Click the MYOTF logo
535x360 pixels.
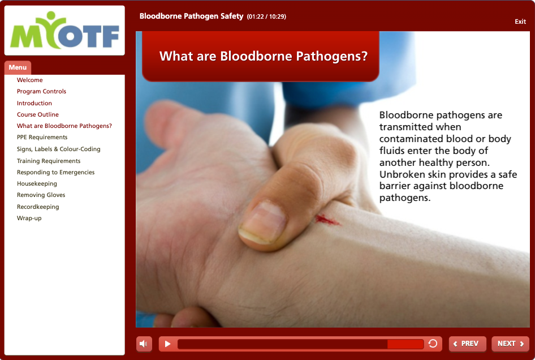pyautogui.click(x=65, y=31)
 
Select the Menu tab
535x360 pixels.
pyautogui.click(x=18, y=67)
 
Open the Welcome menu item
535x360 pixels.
pyautogui.click(x=29, y=80)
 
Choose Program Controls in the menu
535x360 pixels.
pyautogui.click(x=41, y=91)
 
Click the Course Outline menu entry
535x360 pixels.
pyautogui.click(x=37, y=114)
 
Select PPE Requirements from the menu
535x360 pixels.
pyautogui.click(x=42, y=137)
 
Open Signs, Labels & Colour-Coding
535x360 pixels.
pyautogui.click(x=59, y=149)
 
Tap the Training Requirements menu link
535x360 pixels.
pyautogui.click(x=49, y=161)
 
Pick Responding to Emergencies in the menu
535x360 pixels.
pyautogui.click(x=55, y=172)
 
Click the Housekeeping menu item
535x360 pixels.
pyautogui.click(x=37, y=184)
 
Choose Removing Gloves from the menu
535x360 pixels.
pyautogui.click(x=41, y=195)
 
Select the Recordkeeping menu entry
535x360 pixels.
pyautogui.click(x=38, y=207)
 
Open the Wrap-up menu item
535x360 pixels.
pyautogui.click(x=29, y=218)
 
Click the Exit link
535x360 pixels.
pyautogui.click(x=520, y=22)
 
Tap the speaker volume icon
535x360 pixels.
pyautogui.click(x=144, y=344)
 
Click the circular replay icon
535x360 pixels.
pyautogui.click(x=433, y=344)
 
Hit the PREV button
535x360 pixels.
pyautogui.click(x=467, y=344)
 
